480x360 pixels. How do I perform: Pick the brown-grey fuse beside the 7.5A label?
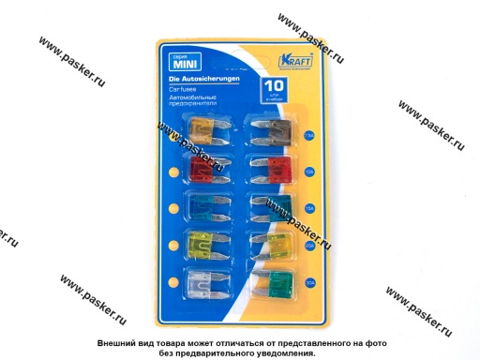279,130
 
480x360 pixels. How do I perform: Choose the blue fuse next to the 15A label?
279,207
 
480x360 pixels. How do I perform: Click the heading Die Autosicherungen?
212,82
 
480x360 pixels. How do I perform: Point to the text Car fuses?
196,90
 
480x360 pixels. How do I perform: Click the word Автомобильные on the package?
207,97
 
